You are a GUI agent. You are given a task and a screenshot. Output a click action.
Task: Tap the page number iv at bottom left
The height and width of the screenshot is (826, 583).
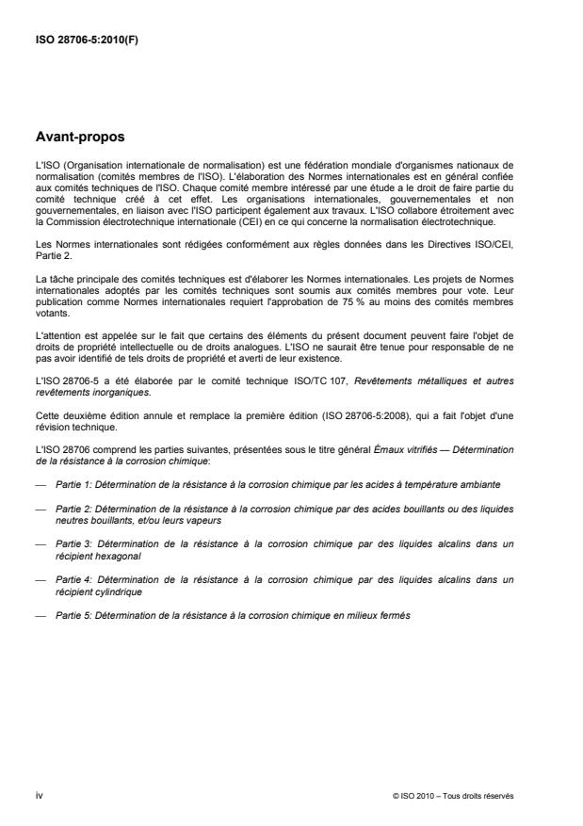point(39,795)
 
